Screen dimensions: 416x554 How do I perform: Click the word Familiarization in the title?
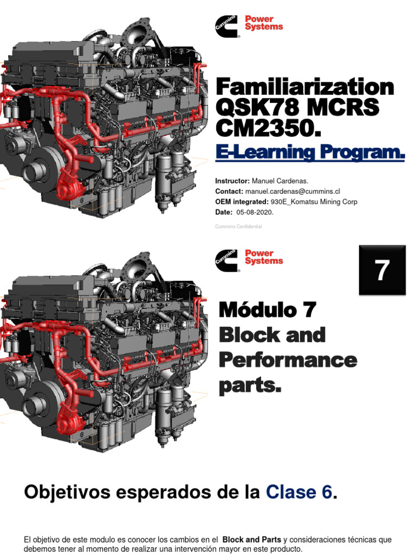304,87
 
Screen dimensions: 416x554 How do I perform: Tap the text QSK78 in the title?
258,108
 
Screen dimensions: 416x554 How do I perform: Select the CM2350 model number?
268,128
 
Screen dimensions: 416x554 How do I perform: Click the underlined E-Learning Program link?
310,152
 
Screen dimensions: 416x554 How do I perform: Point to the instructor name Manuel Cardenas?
280,181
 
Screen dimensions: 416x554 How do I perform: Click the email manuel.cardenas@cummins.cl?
292,191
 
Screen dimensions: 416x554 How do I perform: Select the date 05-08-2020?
255,212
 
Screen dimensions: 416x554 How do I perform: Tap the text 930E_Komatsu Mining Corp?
314,202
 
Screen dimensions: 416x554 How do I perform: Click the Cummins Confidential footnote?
238,227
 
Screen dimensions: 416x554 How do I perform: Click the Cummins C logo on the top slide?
227,26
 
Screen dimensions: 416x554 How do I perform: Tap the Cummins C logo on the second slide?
227,261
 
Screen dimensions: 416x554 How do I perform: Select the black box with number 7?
382,270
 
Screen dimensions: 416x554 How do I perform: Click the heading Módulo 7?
268,309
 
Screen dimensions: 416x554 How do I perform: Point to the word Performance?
288,360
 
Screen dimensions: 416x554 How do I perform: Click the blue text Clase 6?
299,492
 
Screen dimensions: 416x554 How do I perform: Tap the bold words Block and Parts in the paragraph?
251,539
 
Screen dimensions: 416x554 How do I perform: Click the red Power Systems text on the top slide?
264,23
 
